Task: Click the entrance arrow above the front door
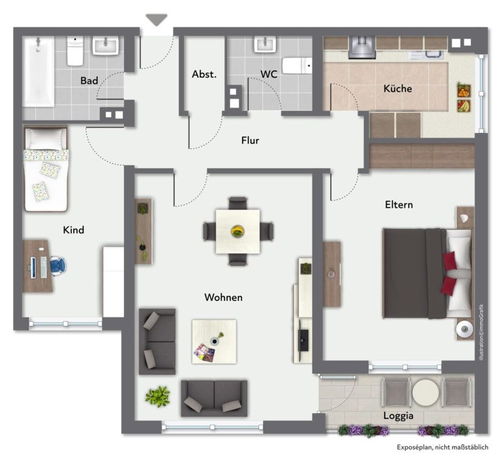157,19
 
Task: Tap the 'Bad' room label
89,80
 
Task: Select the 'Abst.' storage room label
204,74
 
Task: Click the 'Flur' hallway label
250,140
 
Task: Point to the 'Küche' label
397,89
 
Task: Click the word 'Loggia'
399,416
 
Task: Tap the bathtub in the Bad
38,72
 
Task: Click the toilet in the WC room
297,66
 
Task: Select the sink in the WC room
266,44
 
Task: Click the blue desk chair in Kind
58,265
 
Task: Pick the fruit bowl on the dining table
237,231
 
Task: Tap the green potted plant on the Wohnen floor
157,396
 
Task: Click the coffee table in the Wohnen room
214,341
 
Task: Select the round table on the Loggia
425,392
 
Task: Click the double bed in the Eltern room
427,273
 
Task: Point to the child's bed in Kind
46,169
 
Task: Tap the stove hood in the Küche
362,48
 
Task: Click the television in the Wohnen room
303,340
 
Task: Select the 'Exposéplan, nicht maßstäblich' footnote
442,448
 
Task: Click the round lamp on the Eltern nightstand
464,329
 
